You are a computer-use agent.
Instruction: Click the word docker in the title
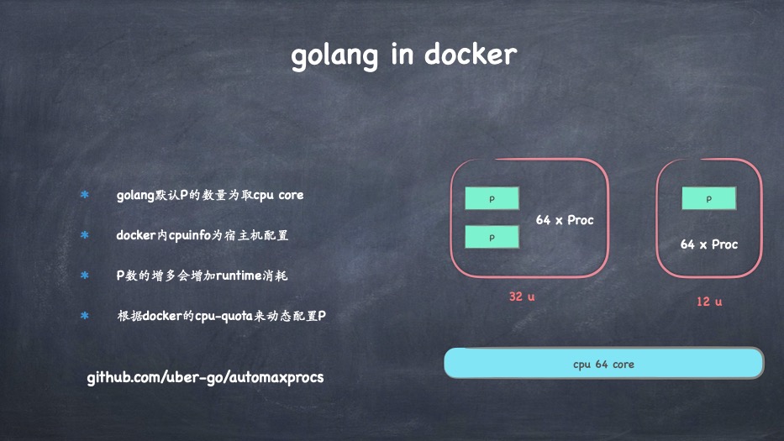[470, 55]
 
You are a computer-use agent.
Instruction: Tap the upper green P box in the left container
[492, 198]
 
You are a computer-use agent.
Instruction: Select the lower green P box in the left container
[492, 238]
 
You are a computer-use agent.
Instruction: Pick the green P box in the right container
[708, 199]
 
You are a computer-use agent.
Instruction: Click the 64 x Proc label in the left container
[565, 220]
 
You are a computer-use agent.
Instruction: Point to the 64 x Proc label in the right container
[708, 244]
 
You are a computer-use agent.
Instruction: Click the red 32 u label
[521, 297]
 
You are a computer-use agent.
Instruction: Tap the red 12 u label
[708, 301]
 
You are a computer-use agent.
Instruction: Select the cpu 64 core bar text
[603, 364]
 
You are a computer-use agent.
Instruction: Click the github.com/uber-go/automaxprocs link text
[205, 377]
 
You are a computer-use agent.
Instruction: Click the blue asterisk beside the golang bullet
[84, 195]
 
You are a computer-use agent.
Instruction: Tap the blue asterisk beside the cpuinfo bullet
[84, 235]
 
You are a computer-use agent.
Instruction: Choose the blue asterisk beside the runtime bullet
[84, 276]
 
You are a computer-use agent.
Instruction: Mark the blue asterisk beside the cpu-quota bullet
[84, 316]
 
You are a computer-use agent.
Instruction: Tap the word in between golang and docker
[403, 55]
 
